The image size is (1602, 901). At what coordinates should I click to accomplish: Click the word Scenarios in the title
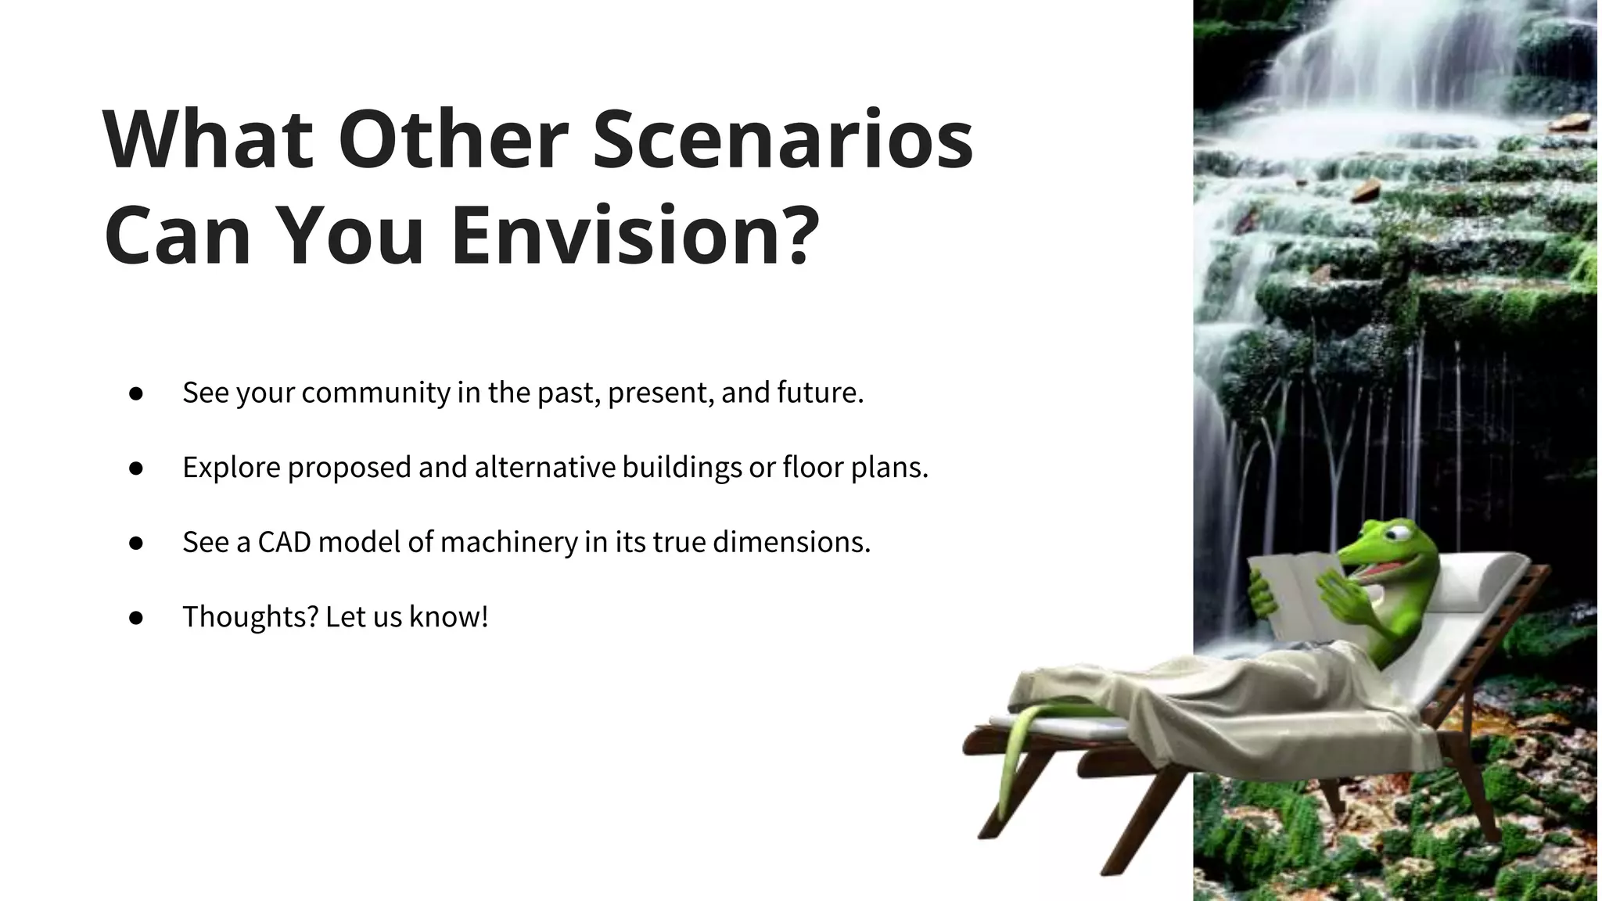click(x=782, y=141)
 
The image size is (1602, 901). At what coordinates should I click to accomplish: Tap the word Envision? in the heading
click(x=635, y=235)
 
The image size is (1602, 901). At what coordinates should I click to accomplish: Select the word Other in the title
click(x=453, y=141)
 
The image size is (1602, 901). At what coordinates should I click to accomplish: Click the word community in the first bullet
click(x=375, y=393)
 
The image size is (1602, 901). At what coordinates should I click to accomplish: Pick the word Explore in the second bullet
click(x=232, y=468)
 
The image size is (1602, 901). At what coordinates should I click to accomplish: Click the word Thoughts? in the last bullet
click(x=250, y=617)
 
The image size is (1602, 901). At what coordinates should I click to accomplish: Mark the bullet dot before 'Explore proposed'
click(x=136, y=468)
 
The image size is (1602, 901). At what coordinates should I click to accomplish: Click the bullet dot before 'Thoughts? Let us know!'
click(x=136, y=618)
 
